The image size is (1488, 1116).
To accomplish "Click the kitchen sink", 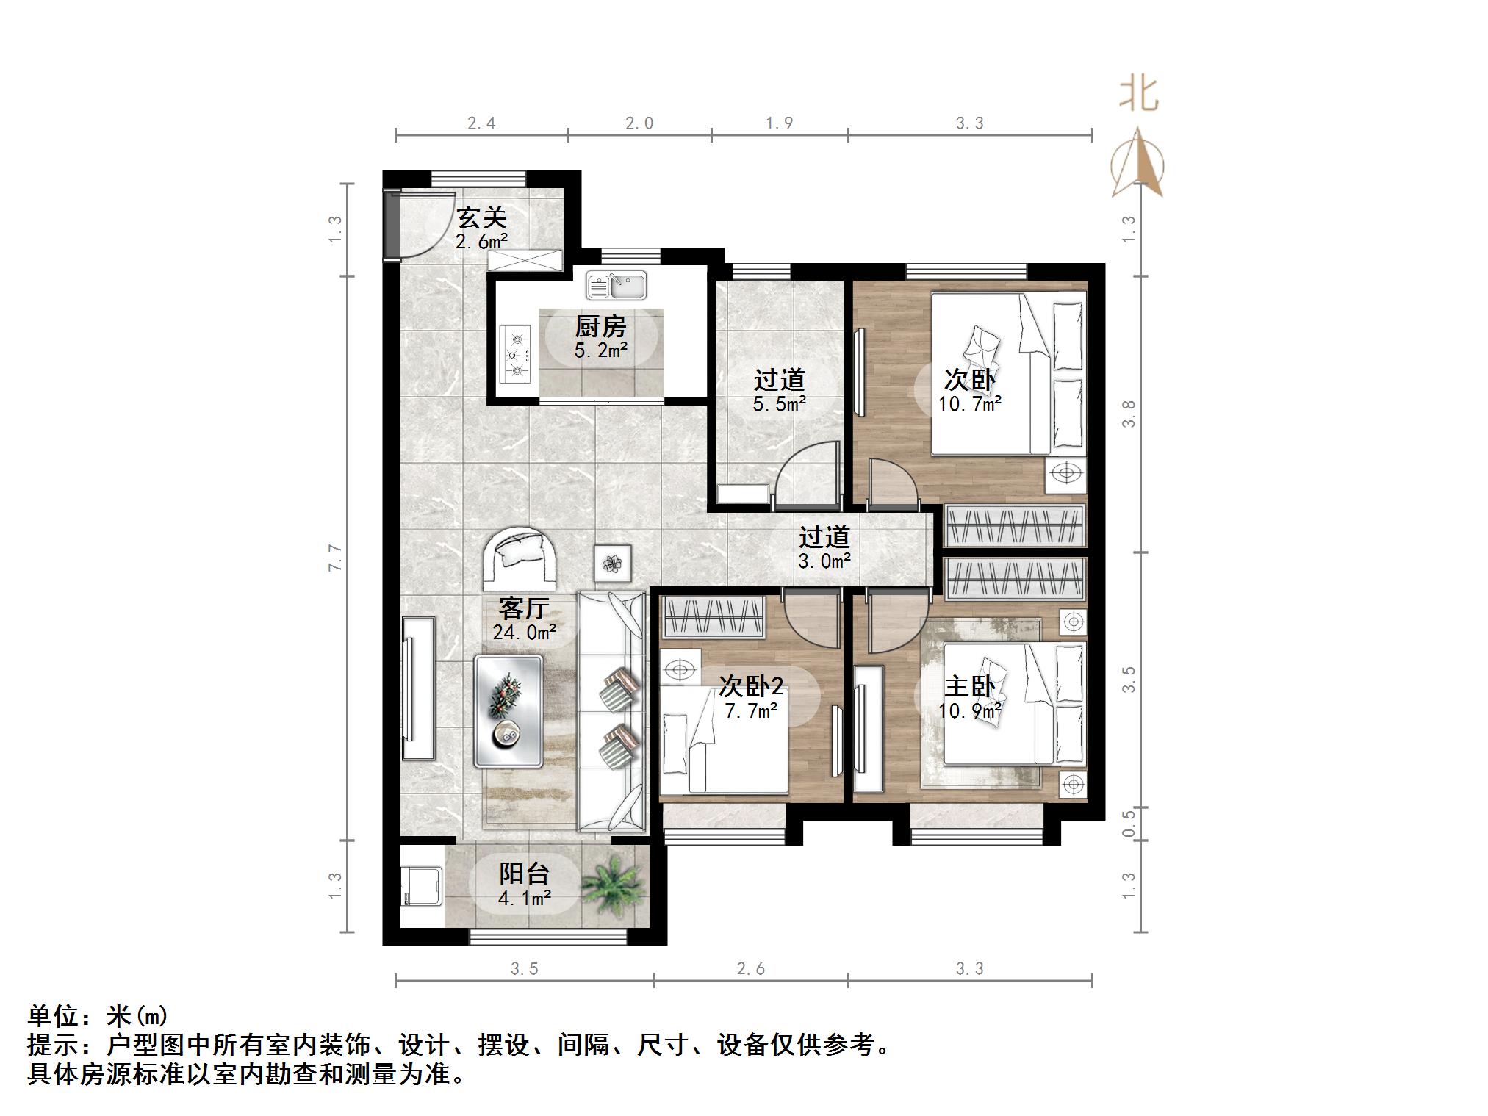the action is (617, 285).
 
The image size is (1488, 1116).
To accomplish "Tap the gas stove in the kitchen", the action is (516, 353).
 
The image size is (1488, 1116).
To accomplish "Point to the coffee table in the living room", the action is (508, 711).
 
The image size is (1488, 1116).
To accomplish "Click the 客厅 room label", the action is (524, 608).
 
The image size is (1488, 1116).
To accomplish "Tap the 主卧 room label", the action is (969, 687).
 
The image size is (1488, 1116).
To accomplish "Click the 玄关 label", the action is (482, 217).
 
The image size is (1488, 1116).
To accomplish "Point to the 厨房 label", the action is (600, 326).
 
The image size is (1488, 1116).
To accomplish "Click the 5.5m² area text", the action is (780, 403).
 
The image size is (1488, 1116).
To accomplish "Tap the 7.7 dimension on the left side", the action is (335, 558).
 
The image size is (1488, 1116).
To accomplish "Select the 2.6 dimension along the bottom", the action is (751, 969).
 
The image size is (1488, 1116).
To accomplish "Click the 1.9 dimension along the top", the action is (780, 123).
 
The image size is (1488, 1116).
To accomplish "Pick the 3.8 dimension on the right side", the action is (1129, 414).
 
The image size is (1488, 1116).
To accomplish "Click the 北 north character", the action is (1139, 94).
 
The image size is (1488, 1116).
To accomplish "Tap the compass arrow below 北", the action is (1137, 162).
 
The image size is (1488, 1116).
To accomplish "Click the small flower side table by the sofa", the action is (613, 564).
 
